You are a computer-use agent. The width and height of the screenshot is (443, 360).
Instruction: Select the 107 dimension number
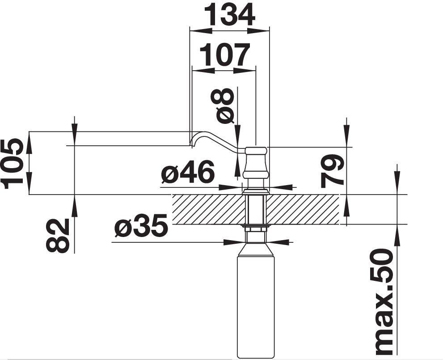tap(224, 55)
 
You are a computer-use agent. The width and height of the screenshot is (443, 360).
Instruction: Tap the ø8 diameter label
tap(223, 106)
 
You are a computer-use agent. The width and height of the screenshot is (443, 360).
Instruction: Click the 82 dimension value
tap(58, 235)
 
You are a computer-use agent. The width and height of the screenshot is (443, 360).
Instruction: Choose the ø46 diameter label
tap(187, 171)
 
